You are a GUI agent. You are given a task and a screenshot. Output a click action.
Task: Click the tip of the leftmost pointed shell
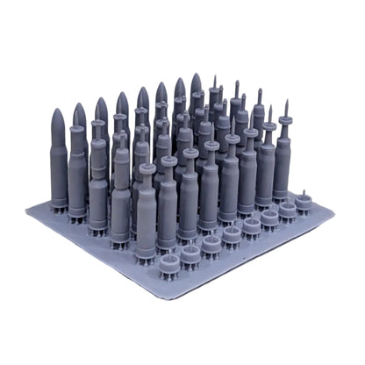58,111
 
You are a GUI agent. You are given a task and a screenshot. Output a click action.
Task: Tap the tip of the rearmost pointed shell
196,75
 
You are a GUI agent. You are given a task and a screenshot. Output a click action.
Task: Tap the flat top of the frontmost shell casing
147,168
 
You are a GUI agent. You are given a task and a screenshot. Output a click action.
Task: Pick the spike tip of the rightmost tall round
287,102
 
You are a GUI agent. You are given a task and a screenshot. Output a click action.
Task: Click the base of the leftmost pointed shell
59,204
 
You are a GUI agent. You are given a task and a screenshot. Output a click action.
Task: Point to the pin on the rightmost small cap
304,191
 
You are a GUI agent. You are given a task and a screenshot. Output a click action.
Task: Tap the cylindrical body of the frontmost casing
147,215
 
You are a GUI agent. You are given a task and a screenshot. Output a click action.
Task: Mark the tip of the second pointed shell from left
79,105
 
